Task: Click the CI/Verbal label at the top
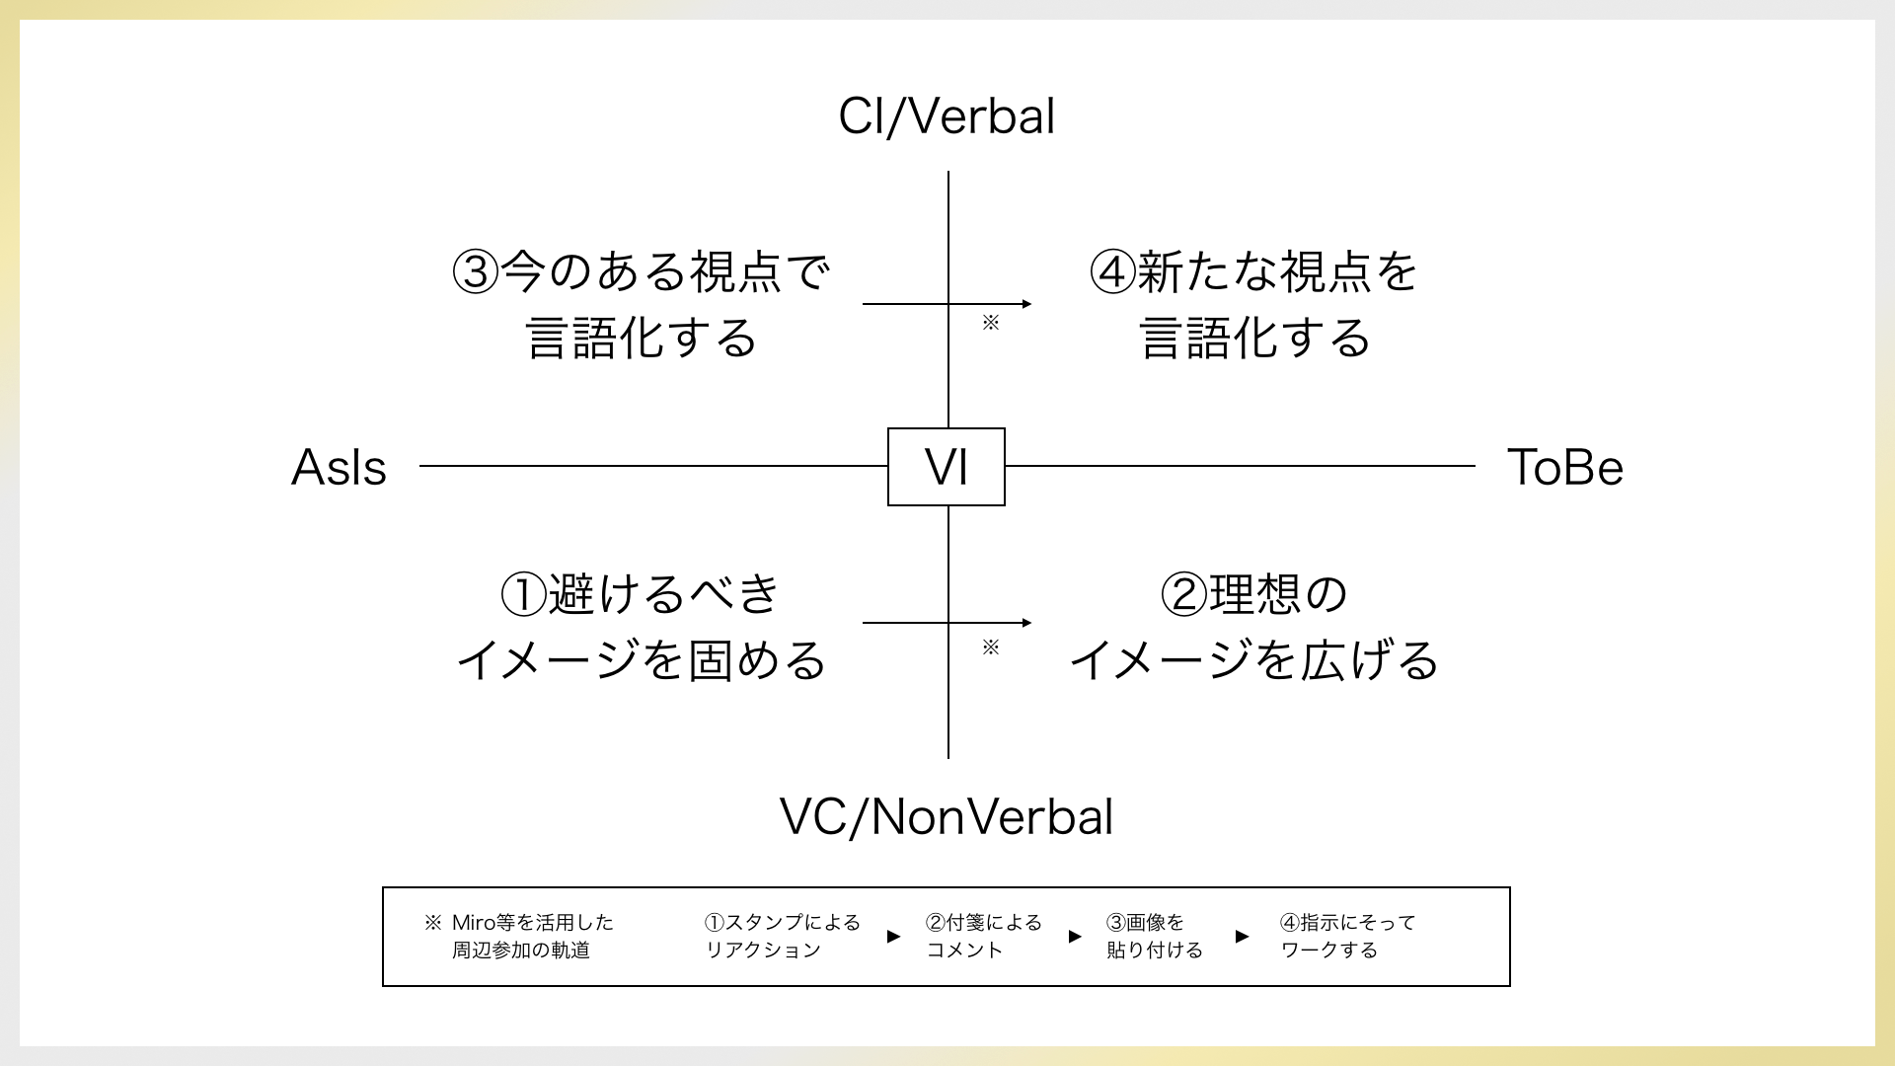(947, 116)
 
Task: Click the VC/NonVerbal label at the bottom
(947, 817)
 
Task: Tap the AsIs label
(339, 468)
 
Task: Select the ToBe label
(1564, 468)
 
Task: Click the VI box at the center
(947, 467)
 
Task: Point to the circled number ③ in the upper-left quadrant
(476, 272)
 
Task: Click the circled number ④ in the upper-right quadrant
(1112, 272)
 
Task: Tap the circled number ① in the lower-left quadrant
(523, 594)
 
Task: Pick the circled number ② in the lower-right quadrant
(1183, 594)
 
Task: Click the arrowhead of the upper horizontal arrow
(1026, 304)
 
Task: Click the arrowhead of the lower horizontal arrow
(1026, 623)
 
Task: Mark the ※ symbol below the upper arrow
(991, 323)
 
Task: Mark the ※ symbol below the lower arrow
(991, 647)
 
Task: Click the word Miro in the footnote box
(473, 923)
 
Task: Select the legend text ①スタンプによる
(782, 923)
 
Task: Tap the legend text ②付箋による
(983, 923)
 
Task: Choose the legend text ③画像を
(1145, 923)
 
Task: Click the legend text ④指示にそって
(1347, 923)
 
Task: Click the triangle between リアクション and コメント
(893, 937)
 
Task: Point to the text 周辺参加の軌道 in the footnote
(521, 951)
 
